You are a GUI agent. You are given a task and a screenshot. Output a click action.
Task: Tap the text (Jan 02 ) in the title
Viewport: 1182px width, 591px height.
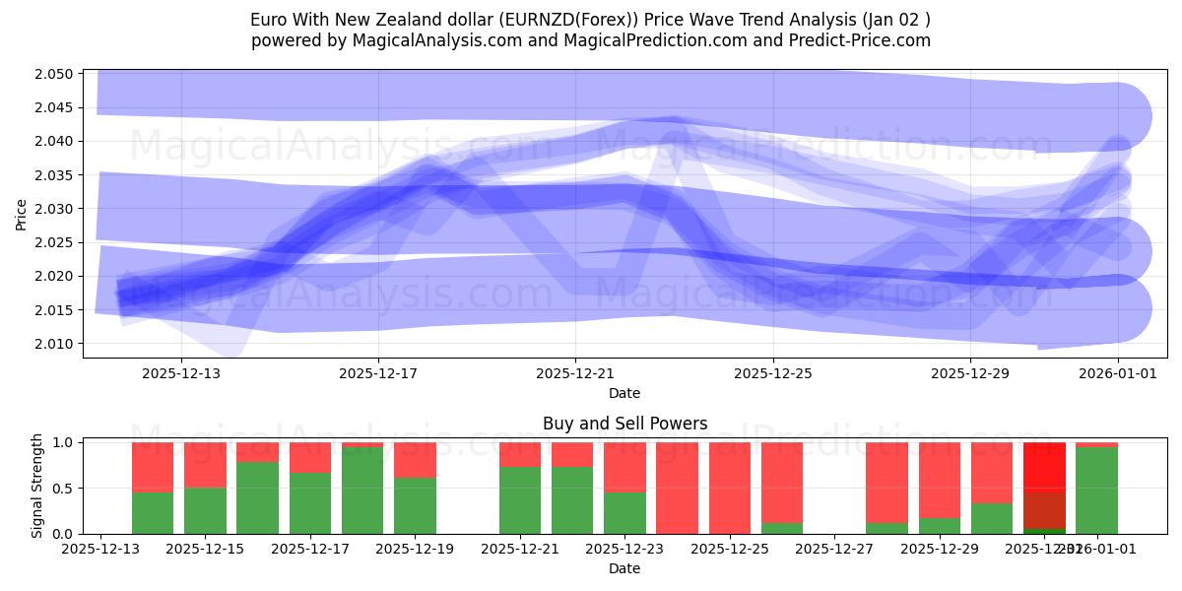[x=893, y=20]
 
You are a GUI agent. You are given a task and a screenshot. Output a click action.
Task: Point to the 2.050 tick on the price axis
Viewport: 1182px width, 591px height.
[x=54, y=74]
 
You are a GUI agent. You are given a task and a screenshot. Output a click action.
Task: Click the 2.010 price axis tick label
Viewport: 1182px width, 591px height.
[x=54, y=344]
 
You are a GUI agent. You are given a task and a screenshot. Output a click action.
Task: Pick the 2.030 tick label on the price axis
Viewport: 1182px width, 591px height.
[x=54, y=209]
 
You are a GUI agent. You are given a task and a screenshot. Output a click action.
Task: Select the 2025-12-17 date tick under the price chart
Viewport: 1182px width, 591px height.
[x=378, y=373]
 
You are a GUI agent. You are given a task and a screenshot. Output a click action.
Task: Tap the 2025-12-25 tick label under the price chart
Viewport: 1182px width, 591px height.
[x=772, y=373]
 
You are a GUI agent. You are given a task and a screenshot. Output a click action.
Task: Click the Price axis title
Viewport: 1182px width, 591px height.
[x=22, y=215]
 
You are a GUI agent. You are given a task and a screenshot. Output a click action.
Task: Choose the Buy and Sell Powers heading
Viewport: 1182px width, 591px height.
[x=624, y=425]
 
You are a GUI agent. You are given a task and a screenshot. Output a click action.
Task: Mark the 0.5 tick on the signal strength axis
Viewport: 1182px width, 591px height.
[x=64, y=489]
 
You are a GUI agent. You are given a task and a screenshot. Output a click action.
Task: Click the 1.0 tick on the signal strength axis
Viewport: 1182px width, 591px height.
[x=64, y=442]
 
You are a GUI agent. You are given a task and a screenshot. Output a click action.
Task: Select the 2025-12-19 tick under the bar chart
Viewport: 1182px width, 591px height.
[x=415, y=549]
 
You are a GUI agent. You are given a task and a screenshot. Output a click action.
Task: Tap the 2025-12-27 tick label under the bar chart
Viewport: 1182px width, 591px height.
[x=834, y=549]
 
